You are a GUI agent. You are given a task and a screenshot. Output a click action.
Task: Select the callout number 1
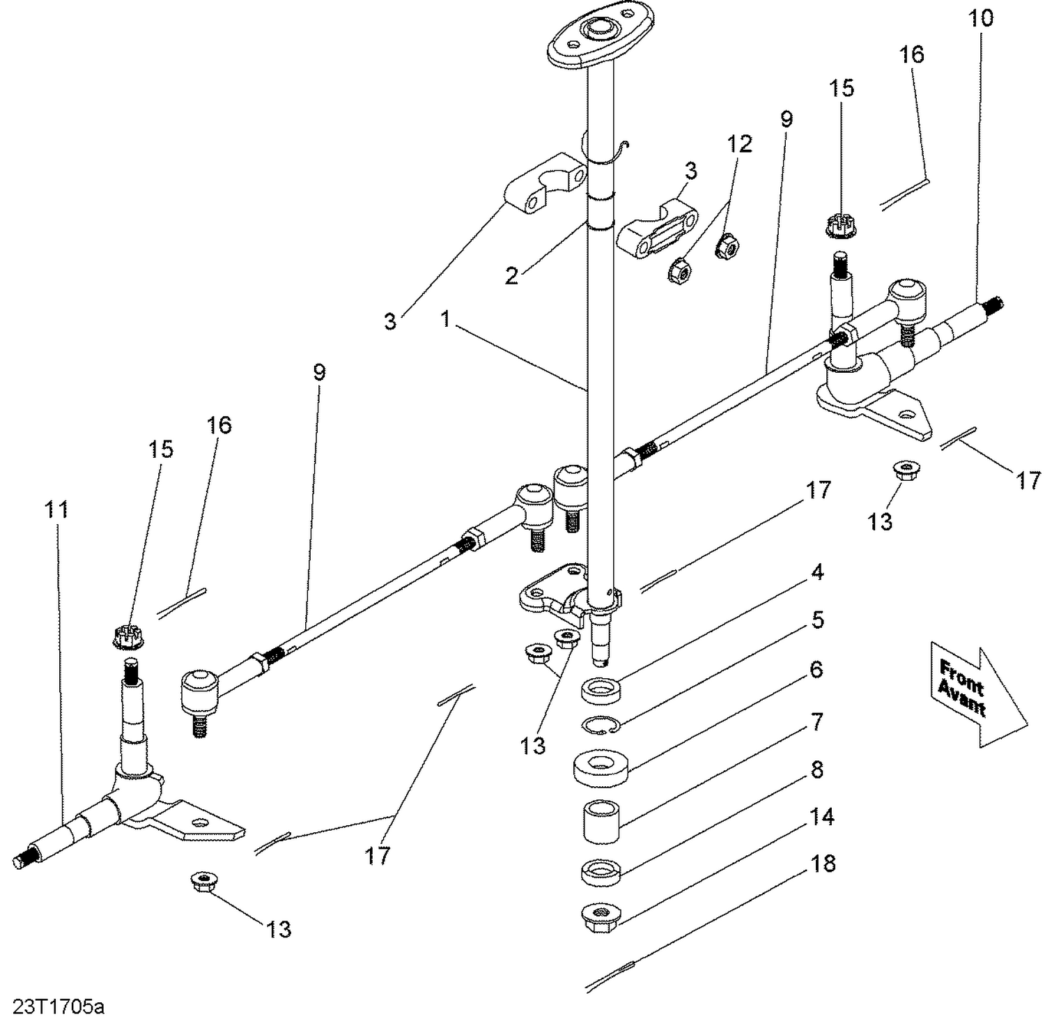447,319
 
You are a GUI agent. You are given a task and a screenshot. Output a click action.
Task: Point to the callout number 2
511,276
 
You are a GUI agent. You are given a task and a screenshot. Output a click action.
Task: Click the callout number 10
980,18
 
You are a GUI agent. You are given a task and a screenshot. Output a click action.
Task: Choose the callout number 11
56,509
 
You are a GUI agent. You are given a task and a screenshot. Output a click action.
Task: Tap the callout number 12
740,144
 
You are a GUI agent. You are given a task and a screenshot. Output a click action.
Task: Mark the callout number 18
823,864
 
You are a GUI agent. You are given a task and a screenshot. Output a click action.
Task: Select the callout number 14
823,816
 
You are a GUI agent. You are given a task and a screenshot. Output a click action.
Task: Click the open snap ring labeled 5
600,725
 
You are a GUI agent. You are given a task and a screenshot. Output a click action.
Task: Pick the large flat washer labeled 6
602,767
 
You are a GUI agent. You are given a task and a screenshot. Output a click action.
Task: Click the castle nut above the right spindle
840,225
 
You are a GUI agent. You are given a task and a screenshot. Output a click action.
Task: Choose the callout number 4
817,572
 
